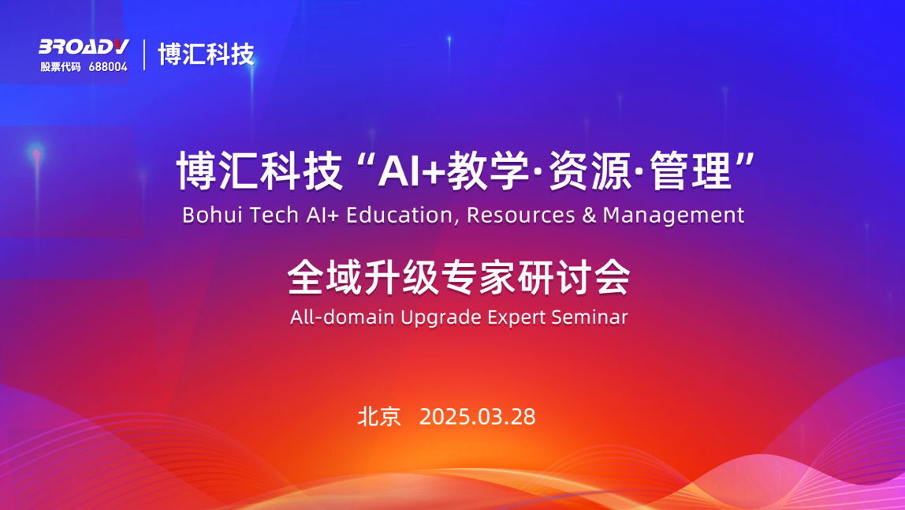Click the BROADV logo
pos(84,47)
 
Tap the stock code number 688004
pos(108,67)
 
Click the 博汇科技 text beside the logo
pos(207,54)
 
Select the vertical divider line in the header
pos(144,54)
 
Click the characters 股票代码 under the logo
pos(61,67)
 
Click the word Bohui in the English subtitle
pos(207,215)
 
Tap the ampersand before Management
pos(589,215)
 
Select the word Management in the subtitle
pos(673,215)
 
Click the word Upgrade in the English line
pos(441,317)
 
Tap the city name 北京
pos(379,416)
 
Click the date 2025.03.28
pos(477,416)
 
